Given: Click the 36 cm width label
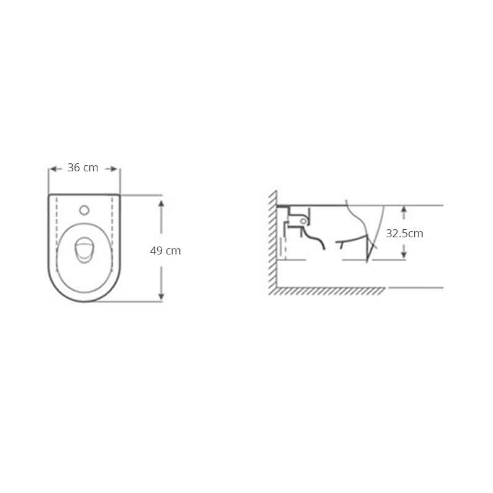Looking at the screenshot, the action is [83, 168].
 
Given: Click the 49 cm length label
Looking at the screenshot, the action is [165, 251].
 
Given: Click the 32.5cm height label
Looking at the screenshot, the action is [404, 234].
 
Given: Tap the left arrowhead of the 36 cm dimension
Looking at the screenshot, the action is [54, 169].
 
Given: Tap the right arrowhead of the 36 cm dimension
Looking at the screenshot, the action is [114, 169].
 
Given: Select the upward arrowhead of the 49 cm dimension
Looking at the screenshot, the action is [161, 203].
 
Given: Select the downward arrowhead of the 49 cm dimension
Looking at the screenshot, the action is [161, 296].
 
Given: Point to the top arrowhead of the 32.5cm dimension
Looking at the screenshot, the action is [404, 210].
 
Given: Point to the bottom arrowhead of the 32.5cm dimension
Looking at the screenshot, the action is [404, 255].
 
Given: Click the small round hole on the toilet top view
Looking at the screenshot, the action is [84, 210].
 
